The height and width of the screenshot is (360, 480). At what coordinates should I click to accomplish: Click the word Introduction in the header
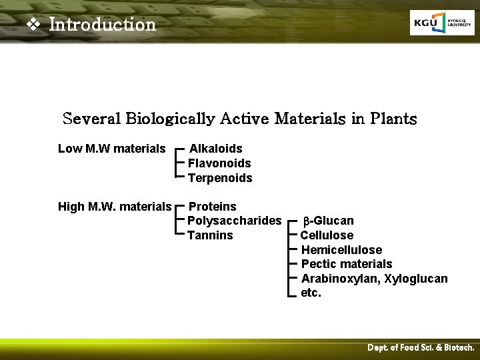coord(102,25)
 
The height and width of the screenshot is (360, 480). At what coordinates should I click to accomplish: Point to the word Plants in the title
coord(393,119)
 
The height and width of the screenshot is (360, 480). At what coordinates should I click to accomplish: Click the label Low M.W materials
coord(112,149)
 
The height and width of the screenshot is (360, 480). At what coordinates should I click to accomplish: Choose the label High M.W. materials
coord(115,207)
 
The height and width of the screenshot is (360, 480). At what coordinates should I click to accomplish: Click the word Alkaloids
coord(216,149)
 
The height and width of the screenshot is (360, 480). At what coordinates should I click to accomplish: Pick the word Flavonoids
coord(219,163)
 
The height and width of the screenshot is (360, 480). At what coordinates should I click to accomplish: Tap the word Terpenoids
coord(220,178)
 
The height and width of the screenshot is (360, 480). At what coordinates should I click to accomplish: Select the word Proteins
coord(213,207)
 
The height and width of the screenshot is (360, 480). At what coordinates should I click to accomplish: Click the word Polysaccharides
coord(235,221)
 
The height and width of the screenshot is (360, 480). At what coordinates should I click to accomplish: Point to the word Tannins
coord(210,235)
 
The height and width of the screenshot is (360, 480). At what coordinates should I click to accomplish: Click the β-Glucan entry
coord(329,221)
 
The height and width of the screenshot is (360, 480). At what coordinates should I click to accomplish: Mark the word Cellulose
coord(327,235)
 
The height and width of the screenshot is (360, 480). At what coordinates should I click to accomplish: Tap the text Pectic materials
coord(347,264)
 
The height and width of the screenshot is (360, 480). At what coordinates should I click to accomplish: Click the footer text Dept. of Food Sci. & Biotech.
coord(421,348)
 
